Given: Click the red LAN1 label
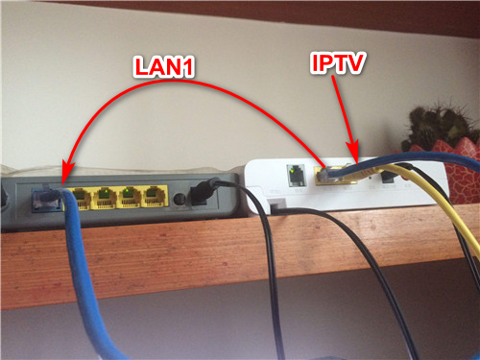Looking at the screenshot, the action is click(163, 66).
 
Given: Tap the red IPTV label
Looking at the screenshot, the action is click(338, 63).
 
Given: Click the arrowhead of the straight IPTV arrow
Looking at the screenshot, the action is click(353, 152).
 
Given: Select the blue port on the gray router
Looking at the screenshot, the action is click(47, 200).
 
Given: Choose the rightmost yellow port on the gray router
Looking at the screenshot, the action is click(156, 196).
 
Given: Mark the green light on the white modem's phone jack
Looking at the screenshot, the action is click(291, 171).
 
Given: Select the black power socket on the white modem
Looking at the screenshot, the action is click(388, 178).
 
